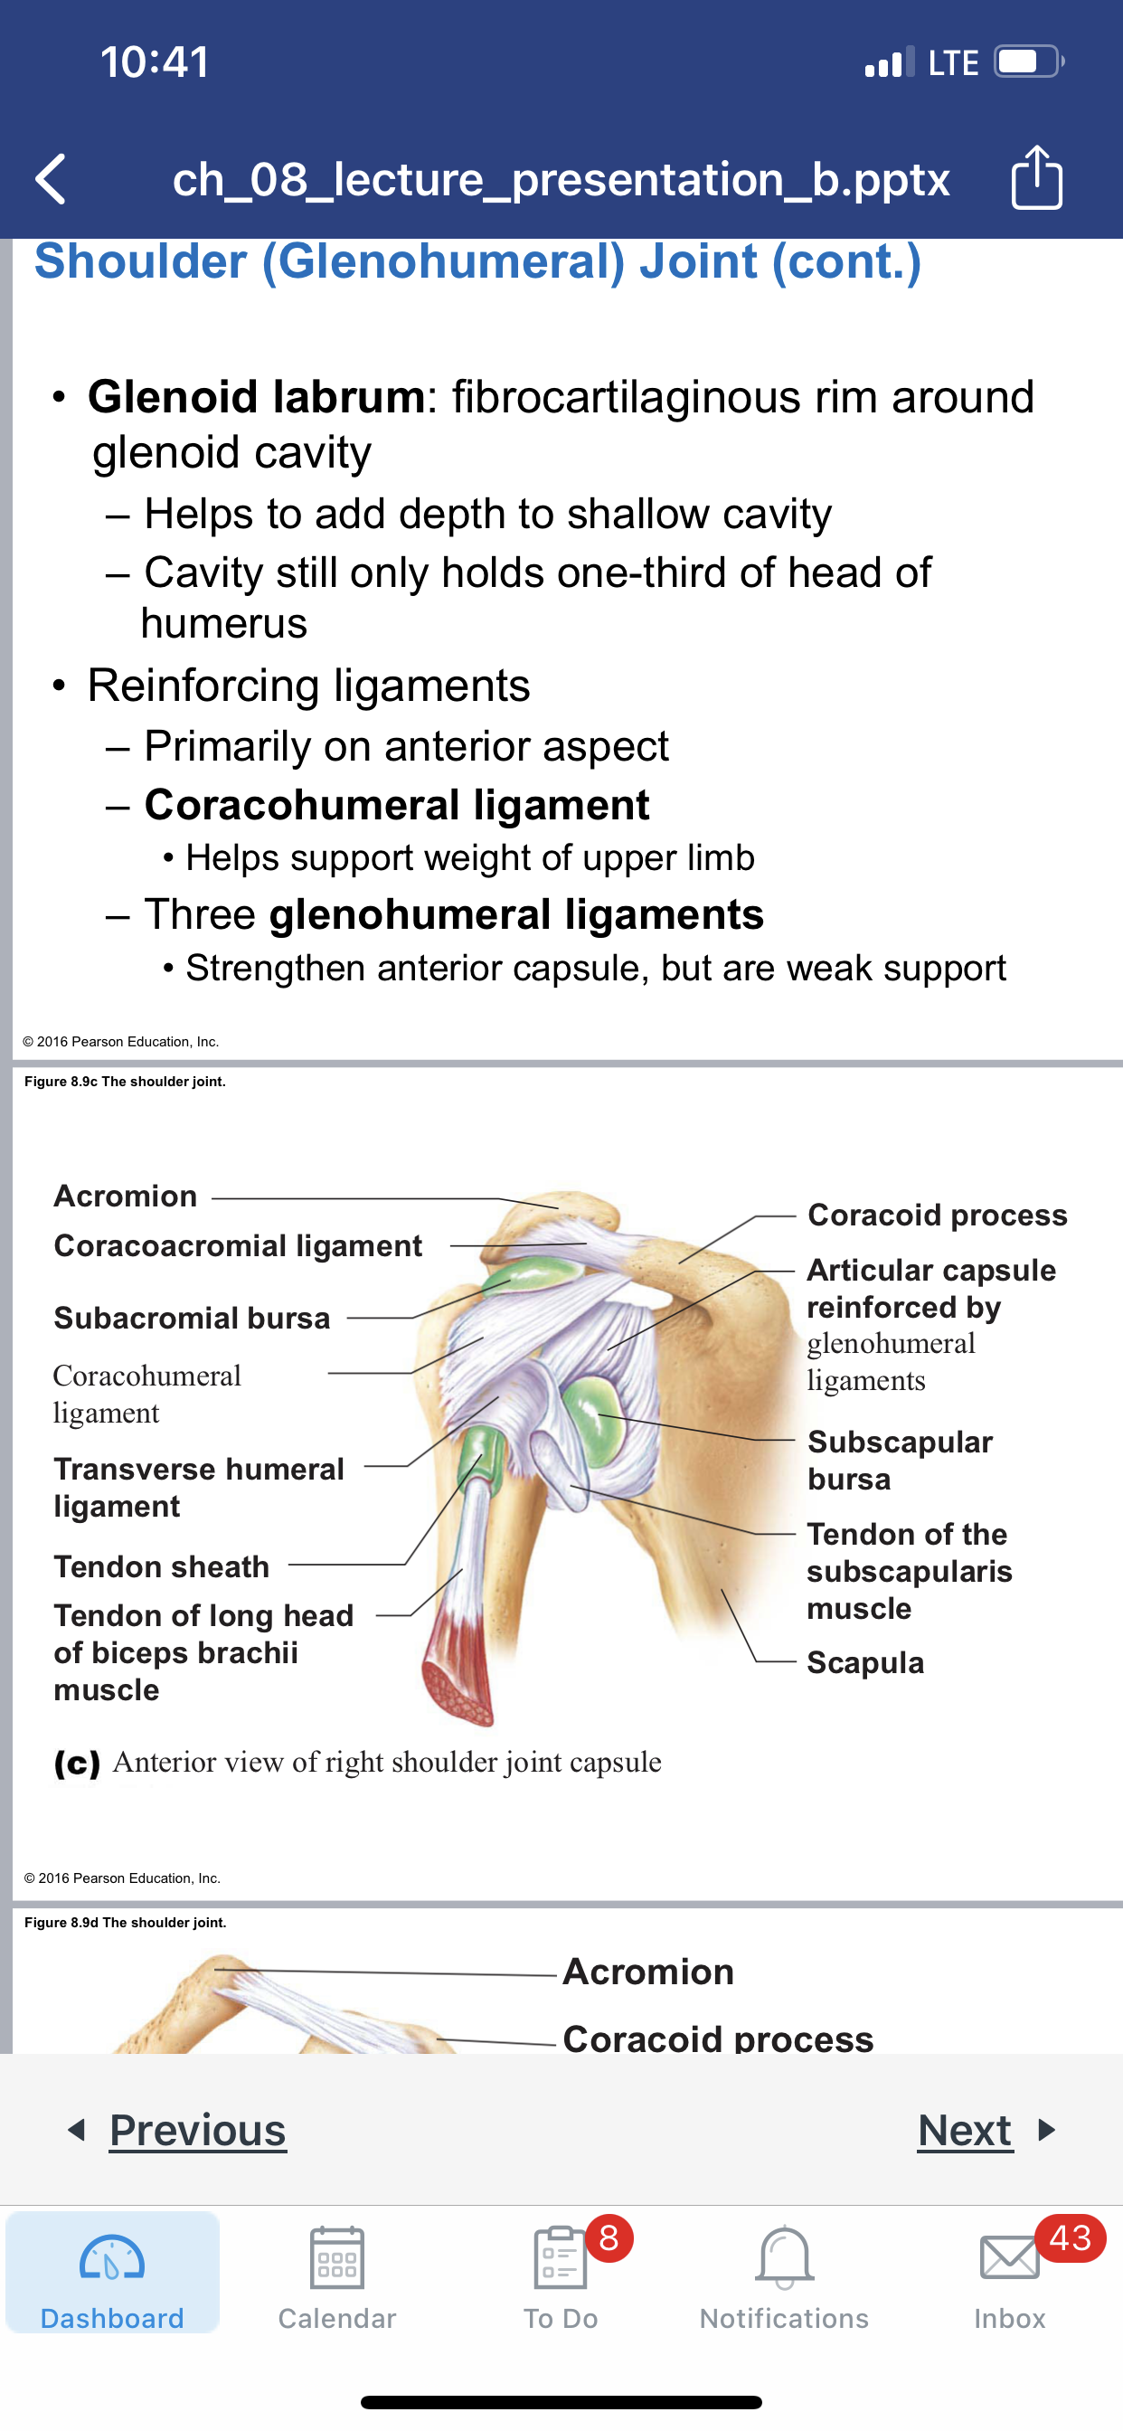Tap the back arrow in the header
coord(51,178)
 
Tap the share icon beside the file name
coord(1036,176)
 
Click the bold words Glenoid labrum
coord(257,396)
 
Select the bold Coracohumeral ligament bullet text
coord(396,805)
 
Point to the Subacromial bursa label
coord(193,1318)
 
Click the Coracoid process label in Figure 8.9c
coord(937,1215)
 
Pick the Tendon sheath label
coord(161,1566)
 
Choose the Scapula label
coord(865,1662)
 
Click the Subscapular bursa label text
coord(901,1460)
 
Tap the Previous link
coord(197,2130)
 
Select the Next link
coord(966,2130)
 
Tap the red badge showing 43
coord(1071,2237)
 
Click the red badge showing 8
coord(609,2237)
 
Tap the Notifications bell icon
coord(784,2257)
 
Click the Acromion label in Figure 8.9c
coord(126,1196)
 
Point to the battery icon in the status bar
coord(1029,62)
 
